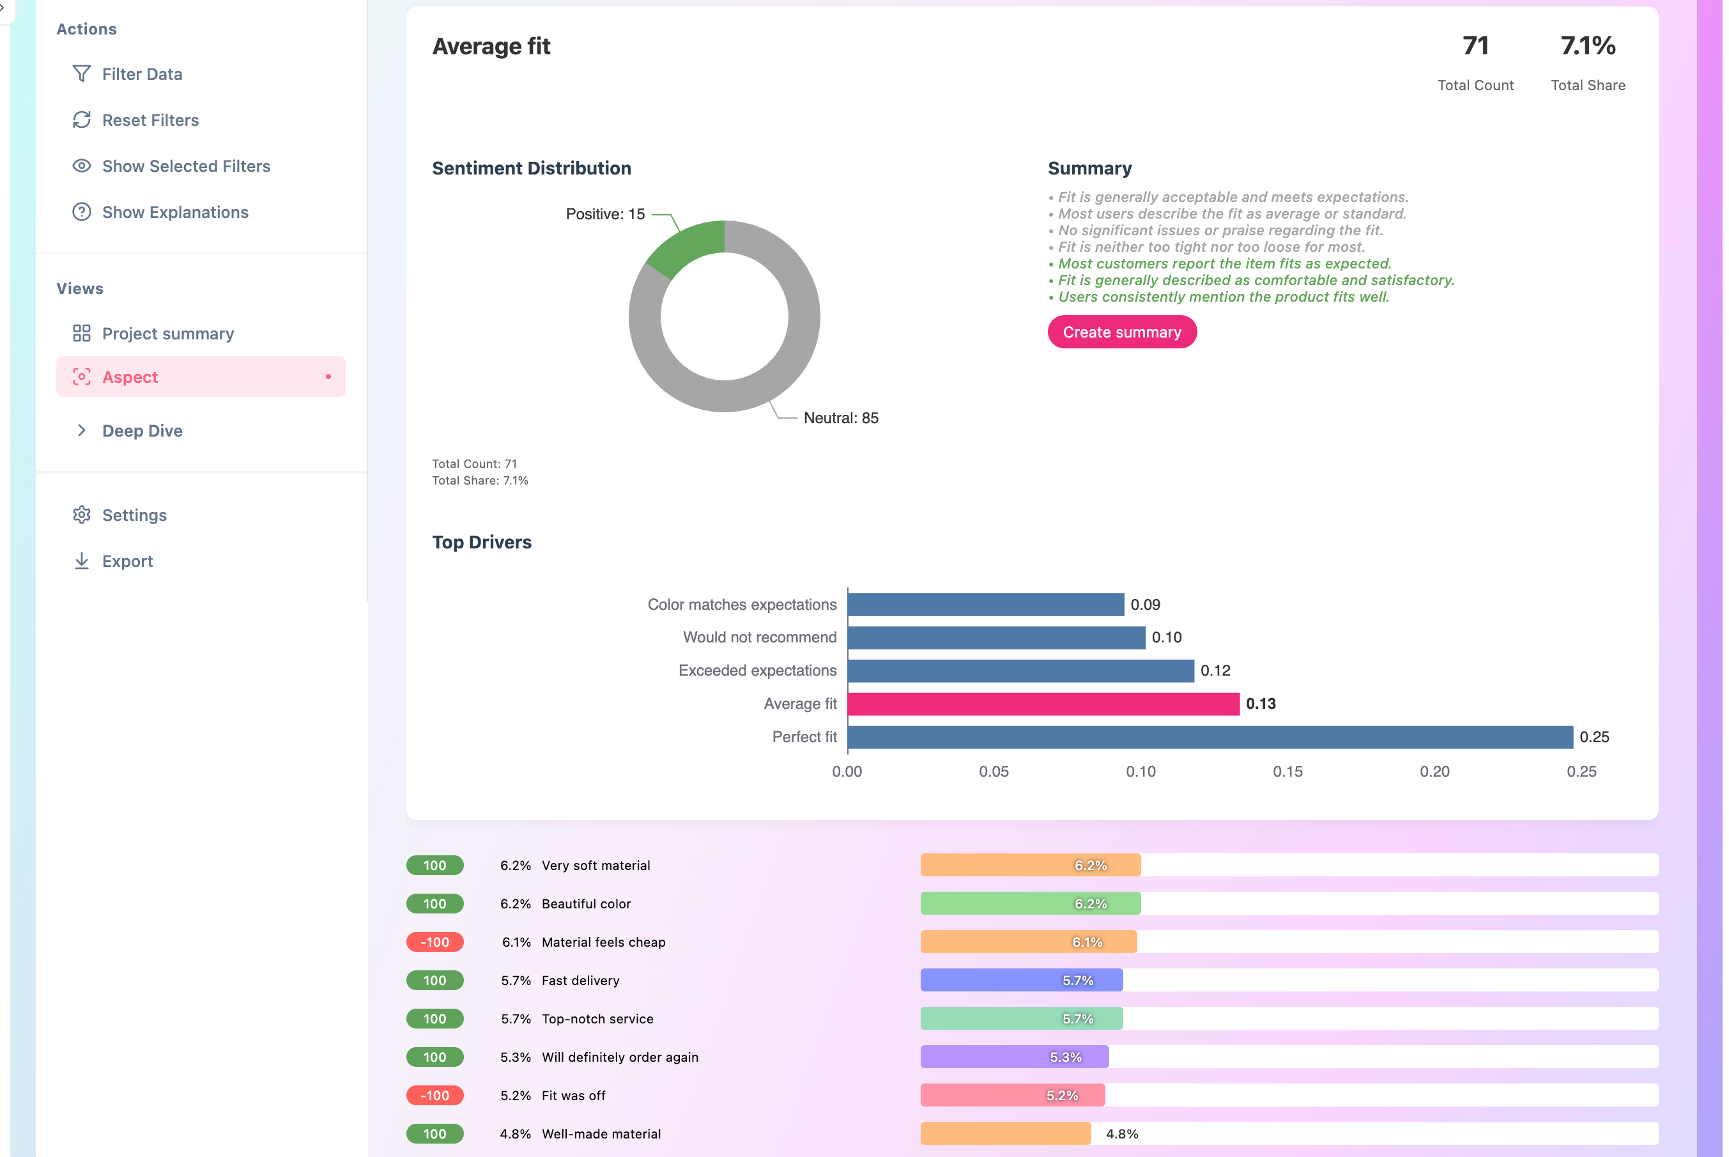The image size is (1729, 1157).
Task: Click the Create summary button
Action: point(1121,332)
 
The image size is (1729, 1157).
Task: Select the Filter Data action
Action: point(142,74)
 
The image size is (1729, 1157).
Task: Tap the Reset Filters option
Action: point(150,120)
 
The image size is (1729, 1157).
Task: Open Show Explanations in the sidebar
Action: point(175,212)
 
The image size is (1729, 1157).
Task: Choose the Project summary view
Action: point(167,334)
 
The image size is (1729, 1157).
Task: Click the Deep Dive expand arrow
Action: point(82,430)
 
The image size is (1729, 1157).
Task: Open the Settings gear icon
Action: point(82,515)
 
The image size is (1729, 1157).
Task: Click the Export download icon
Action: point(82,561)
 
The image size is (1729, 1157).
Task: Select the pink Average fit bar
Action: point(1043,704)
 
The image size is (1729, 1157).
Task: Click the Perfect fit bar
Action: point(1210,737)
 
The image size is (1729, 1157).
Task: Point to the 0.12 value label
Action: point(1215,671)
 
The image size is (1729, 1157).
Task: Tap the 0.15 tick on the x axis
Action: point(1287,772)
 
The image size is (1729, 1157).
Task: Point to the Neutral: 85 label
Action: point(841,419)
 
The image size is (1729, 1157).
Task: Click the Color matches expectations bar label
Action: point(741,605)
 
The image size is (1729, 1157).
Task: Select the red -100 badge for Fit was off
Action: point(434,1096)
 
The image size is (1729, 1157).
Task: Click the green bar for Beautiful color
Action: point(1030,904)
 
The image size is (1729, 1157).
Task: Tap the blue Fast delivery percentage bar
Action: point(1021,981)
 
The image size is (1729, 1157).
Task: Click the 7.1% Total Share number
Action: point(1587,46)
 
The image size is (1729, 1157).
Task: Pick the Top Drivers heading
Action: point(482,542)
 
